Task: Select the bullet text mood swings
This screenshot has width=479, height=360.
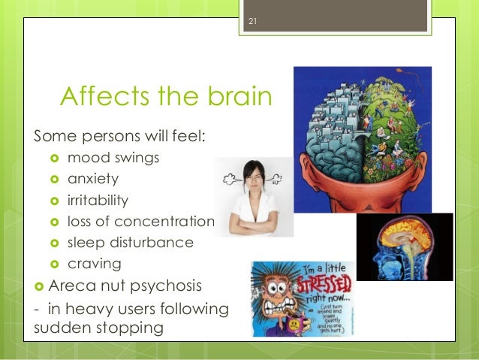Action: point(113,159)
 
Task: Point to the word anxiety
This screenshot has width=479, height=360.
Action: point(93,180)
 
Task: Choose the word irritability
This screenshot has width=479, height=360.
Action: point(98,201)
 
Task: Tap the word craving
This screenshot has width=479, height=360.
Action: point(94,264)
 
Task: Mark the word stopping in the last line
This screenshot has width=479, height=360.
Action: point(138,328)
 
